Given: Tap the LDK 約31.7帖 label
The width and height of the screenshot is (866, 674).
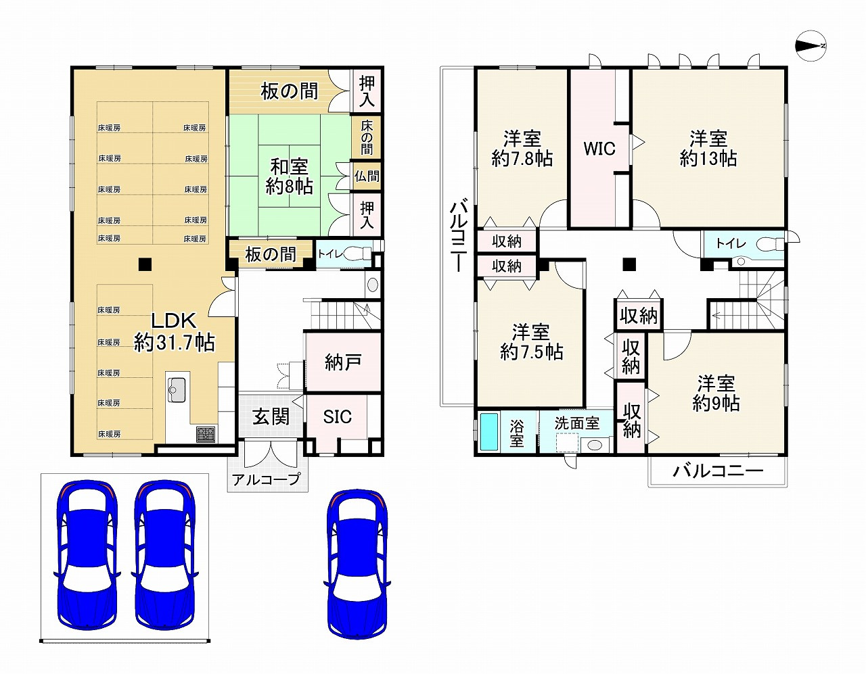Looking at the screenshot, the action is (x=174, y=331).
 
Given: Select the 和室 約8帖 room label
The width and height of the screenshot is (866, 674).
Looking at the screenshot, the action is (x=290, y=176).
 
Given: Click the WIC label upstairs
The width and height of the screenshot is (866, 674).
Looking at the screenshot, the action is (x=599, y=149).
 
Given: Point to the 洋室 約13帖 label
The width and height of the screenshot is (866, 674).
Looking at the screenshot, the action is (x=708, y=148).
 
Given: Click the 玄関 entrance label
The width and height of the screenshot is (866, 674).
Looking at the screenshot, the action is (x=271, y=417).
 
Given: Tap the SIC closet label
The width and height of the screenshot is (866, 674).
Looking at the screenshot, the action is (x=337, y=417).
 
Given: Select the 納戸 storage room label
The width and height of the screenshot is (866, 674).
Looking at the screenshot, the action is (x=343, y=362).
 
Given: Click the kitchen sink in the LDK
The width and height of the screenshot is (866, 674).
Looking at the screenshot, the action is (x=177, y=390).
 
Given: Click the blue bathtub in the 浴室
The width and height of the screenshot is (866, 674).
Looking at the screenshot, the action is (x=489, y=432).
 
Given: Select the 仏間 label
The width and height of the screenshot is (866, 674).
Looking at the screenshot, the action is (x=367, y=176).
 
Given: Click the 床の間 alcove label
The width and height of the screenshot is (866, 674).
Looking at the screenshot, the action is (x=367, y=137).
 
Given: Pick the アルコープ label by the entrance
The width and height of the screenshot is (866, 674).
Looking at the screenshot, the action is (x=266, y=479).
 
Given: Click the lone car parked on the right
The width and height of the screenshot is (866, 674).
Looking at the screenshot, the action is (x=357, y=564).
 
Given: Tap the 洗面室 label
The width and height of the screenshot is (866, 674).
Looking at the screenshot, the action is (x=576, y=423).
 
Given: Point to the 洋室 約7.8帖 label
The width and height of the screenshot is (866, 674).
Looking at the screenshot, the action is (x=522, y=148).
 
